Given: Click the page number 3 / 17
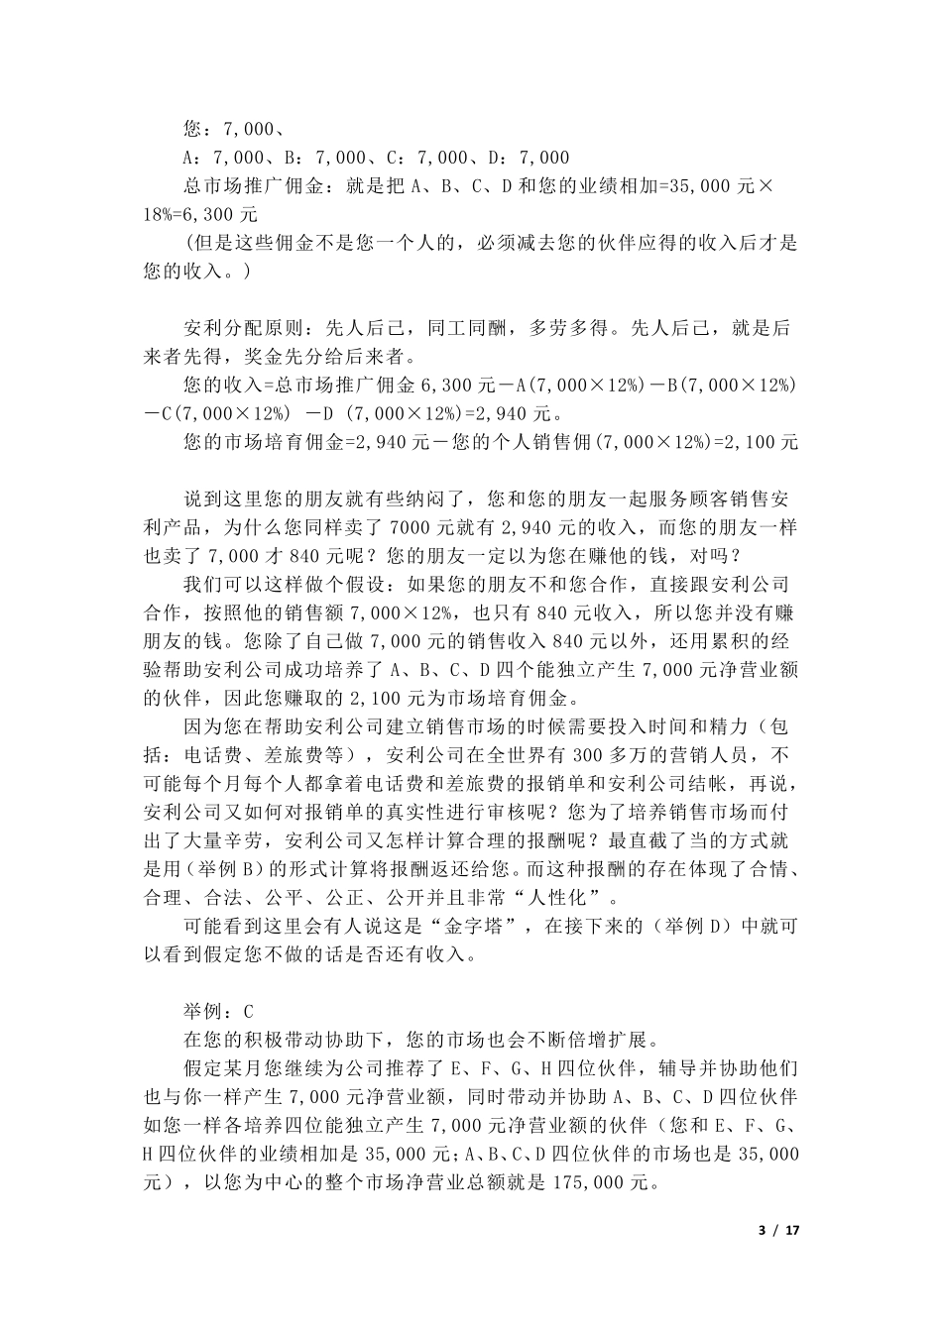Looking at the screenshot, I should click(778, 1230).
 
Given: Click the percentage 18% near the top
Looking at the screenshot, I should click(161, 214).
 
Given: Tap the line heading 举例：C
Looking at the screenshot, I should click(219, 1012).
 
